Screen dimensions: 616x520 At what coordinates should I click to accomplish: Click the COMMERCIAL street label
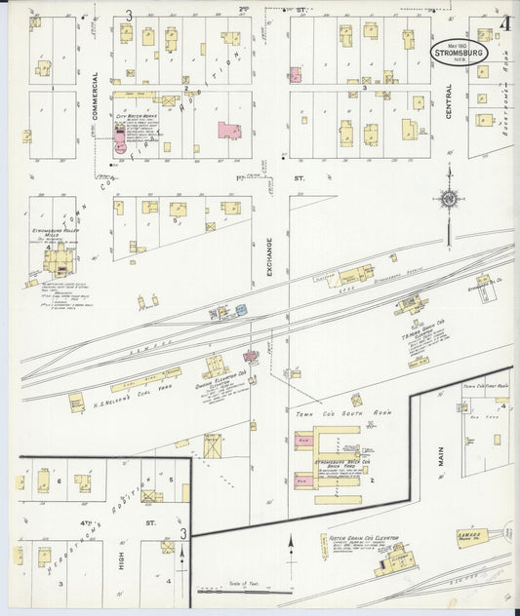(x=96, y=94)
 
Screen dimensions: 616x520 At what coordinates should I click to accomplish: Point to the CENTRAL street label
(x=449, y=99)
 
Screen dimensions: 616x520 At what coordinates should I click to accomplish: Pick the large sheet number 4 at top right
(x=506, y=22)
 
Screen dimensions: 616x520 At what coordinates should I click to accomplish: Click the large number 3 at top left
(x=128, y=14)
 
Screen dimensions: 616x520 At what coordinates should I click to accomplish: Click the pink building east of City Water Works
(x=230, y=130)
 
